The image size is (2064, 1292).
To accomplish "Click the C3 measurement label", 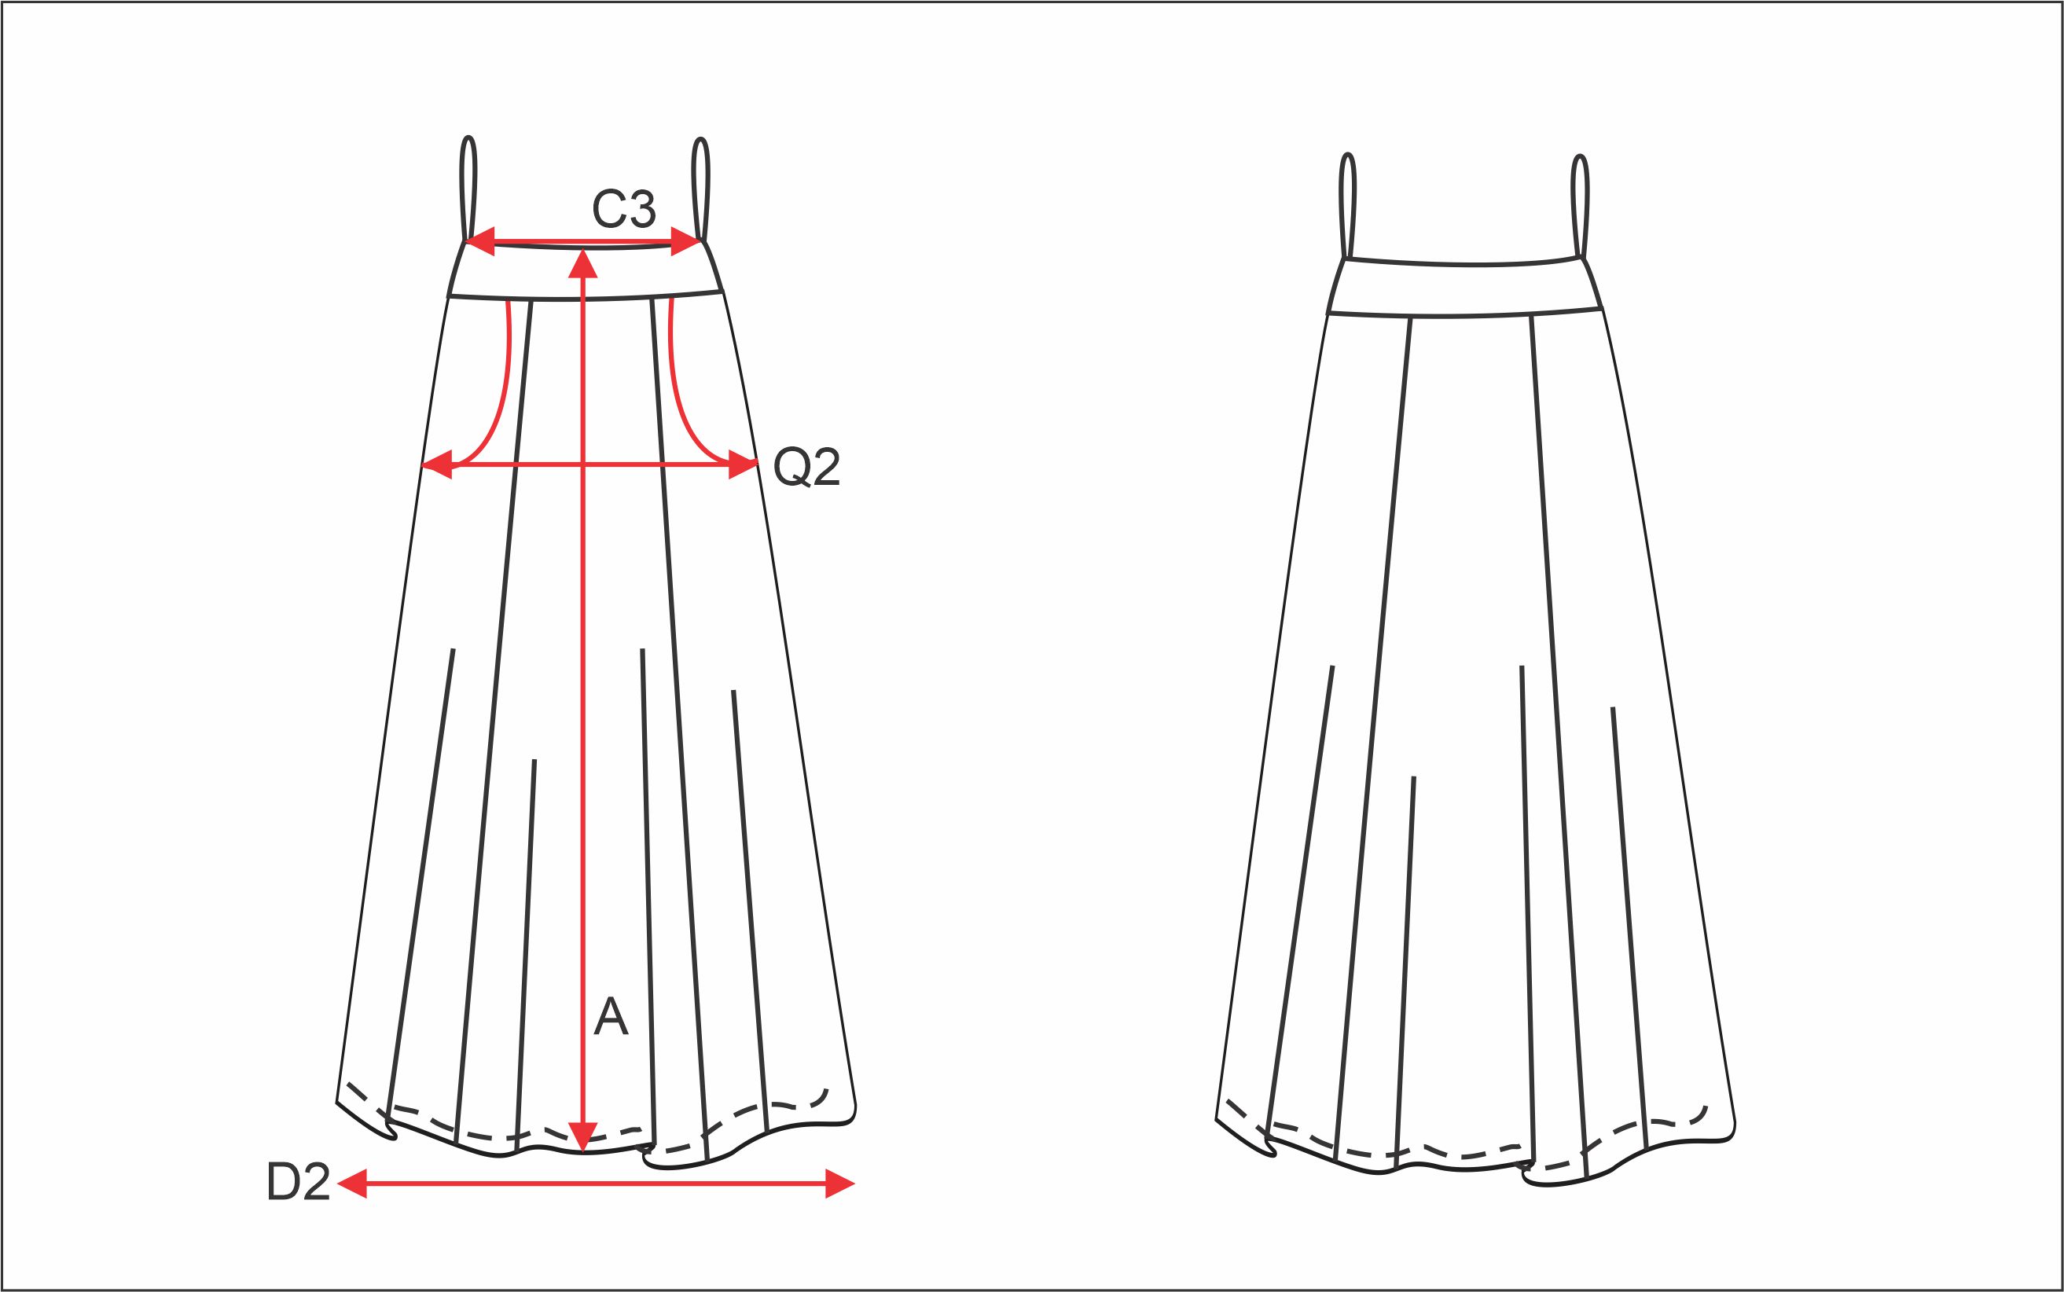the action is (624, 207).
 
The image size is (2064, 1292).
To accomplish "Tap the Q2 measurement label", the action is (806, 467).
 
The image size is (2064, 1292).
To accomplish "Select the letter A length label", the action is (611, 1015).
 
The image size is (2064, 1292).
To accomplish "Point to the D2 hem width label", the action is (298, 1184).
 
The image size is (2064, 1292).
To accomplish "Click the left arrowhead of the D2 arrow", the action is (352, 1184).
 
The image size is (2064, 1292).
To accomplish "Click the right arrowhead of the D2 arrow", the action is (840, 1184).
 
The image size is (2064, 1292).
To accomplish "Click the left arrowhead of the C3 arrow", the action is (480, 241).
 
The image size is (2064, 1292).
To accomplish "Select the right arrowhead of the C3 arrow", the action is (685, 241).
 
